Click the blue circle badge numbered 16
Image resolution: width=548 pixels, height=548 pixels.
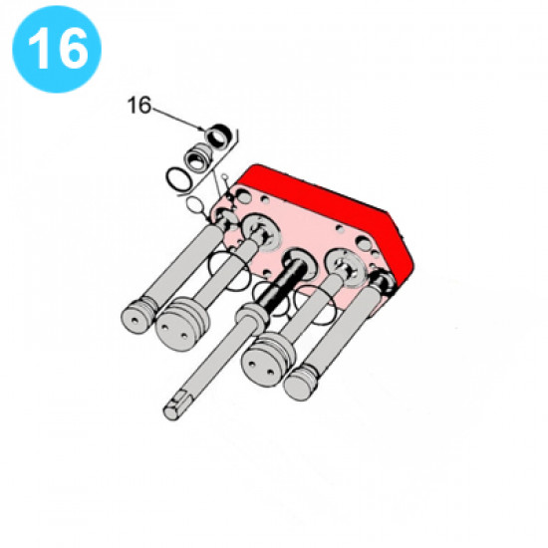tap(57, 49)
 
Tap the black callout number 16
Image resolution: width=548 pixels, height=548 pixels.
tap(139, 105)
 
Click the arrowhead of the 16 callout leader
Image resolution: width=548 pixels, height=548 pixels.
tap(202, 129)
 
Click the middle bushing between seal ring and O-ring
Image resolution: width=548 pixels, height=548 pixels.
tap(198, 158)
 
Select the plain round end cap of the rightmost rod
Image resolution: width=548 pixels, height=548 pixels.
tap(300, 384)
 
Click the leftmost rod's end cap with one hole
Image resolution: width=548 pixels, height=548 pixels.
tap(137, 317)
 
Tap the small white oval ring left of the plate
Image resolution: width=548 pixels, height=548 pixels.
tap(194, 205)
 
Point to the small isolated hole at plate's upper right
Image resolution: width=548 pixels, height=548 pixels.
tap(340, 228)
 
